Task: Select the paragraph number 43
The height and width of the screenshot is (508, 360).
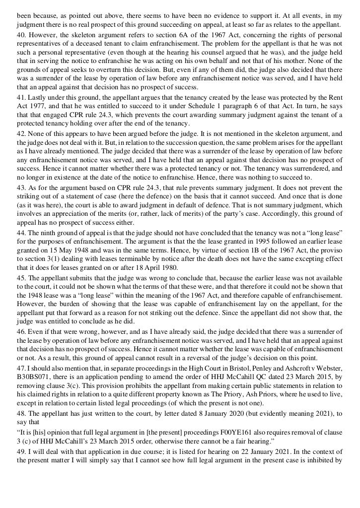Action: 21,188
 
